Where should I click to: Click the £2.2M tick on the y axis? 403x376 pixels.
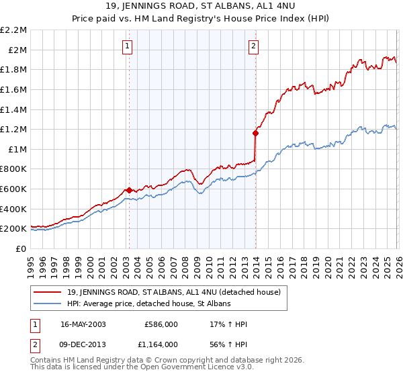pos(13,30)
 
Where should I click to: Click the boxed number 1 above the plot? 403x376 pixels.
pos(127,46)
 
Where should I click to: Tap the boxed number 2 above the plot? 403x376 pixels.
pos(253,46)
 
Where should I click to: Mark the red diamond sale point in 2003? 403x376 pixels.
pos(129,190)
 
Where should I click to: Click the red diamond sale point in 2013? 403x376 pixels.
pos(255,133)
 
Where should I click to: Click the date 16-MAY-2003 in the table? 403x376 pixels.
pos(83,324)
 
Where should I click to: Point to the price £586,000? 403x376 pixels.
pos(161,324)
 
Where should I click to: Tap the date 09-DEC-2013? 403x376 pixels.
pos(83,344)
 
